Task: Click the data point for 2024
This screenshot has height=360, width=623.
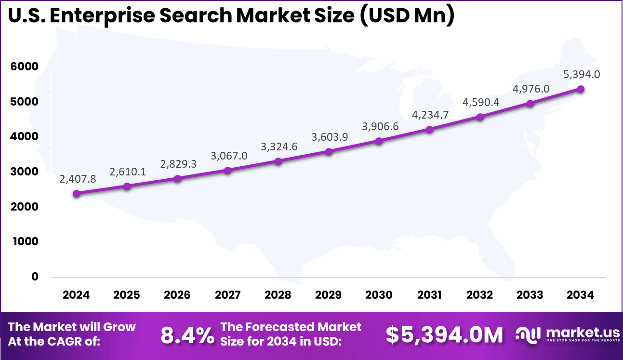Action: point(77,193)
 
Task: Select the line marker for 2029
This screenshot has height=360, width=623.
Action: point(329,151)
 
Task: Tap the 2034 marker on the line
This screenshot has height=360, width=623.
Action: point(581,89)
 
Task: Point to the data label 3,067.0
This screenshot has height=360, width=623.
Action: point(229,156)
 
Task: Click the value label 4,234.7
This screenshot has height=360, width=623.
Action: point(430,115)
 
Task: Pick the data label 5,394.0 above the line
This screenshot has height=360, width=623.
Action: point(582,75)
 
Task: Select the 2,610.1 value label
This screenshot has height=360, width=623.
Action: point(128,172)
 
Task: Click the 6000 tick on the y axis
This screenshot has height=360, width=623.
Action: point(25,67)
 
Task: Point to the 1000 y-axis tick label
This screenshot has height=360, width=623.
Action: point(25,241)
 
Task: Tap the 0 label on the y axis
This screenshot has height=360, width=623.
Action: point(35,277)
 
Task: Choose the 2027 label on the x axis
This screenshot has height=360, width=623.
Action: point(227,295)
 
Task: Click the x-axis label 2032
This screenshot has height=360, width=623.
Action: point(480,295)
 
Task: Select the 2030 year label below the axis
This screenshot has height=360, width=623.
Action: point(379,295)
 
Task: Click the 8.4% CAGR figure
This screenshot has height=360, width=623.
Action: point(187,335)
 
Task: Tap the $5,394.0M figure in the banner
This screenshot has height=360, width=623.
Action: point(444,335)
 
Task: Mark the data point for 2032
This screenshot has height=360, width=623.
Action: point(480,117)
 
